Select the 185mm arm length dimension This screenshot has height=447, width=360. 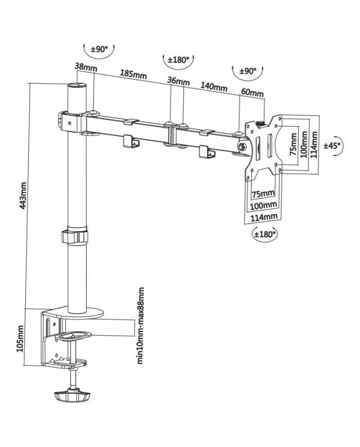pos(133,74)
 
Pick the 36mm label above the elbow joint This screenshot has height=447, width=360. pos(178,81)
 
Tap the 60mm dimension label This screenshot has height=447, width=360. pos(252,93)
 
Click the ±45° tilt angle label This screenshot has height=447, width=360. pos(332,146)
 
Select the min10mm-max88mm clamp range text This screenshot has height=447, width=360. pos(140,326)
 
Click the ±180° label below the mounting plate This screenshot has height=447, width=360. pos(265,234)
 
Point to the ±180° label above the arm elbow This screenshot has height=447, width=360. pos(179,60)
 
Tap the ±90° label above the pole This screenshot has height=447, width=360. pos(99,49)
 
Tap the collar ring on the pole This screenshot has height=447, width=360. pos(75,237)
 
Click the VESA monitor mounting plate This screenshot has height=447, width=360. pos(263,147)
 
